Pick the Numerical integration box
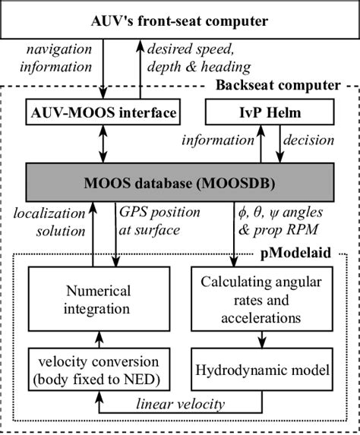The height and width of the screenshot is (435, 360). pos(92,300)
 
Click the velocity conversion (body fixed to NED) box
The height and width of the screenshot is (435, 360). pos(92,369)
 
